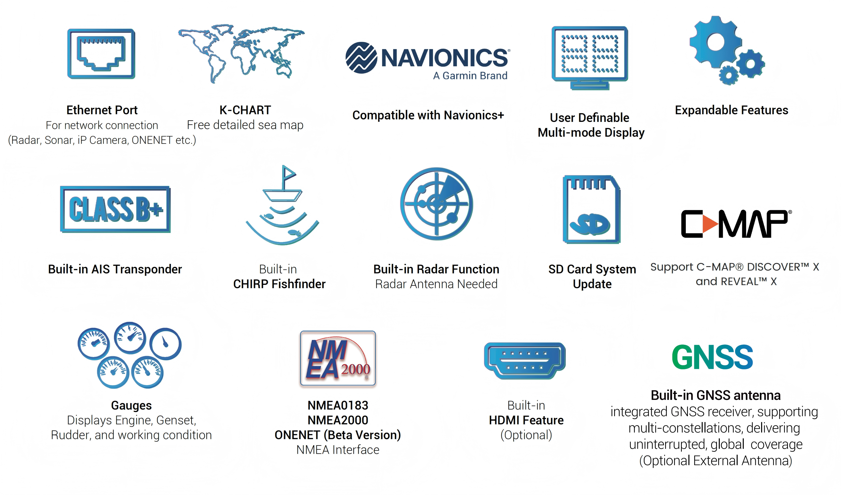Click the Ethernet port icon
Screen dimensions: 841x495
click(101, 54)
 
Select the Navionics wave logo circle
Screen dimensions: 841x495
click(361, 58)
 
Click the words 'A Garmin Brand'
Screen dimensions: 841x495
click(470, 76)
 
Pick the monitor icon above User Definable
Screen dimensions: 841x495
click(590, 58)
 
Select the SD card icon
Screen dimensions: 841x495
click(591, 209)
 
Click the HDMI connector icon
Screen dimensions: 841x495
click(525, 361)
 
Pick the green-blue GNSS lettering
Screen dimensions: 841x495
click(712, 357)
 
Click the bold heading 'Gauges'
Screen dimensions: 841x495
click(131, 405)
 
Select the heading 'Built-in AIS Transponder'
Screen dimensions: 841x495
click(115, 269)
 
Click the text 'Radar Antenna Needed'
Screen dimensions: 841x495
click(436, 284)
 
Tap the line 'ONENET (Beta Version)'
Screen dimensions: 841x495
click(338, 435)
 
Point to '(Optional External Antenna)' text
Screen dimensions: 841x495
click(715, 461)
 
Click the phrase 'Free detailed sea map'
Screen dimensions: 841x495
click(245, 125)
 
